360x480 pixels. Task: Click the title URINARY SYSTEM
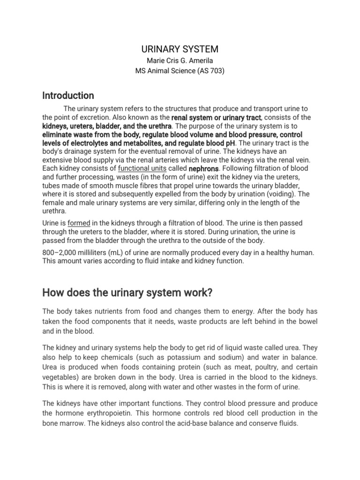[x=180, y=49]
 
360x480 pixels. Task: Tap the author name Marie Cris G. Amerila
[x=180, y=61]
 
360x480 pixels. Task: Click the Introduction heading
[x=68, y=96]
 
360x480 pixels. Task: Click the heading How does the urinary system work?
[x=127, y=293]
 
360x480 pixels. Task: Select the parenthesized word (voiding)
[x=281, y=194]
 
